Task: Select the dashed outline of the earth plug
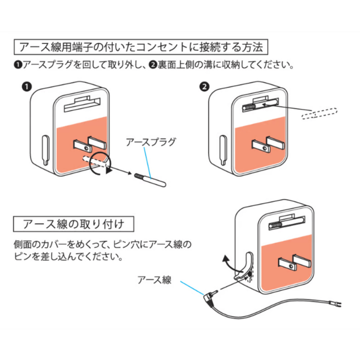320,113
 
